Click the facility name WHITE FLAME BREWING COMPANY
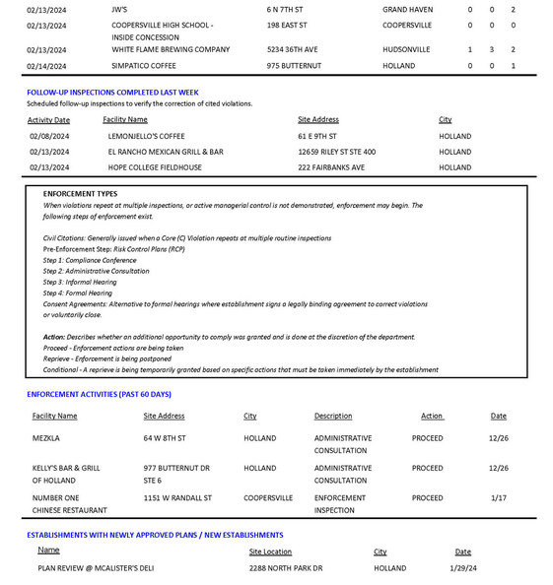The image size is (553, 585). pos(171,49)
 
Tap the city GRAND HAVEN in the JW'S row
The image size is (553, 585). pos(407,9)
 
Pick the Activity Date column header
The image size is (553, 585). pos(48,119)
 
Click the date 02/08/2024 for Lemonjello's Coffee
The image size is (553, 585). pos(49,136)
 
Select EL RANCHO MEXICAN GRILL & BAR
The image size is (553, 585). pos(166,152)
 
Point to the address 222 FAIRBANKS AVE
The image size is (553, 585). pos(331,167)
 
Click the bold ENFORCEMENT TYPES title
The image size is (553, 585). pos(80,194)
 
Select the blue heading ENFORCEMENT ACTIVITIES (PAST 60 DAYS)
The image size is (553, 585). pos(99,394)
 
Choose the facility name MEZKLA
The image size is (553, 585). pos(46,437)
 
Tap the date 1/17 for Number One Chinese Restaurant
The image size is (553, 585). pos(499,497)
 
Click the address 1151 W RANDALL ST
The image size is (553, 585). pos(177,497)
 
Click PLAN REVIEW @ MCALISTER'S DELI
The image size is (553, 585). pos(96,567)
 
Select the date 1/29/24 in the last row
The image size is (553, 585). pos(462,567)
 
